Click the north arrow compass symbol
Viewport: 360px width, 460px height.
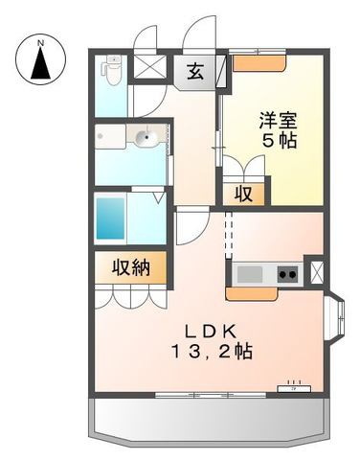tap(40, 59)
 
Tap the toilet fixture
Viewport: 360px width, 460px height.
tap(111, 70)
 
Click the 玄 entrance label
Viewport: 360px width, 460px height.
tap(195, 72)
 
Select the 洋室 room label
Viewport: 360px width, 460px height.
tap(278, 120)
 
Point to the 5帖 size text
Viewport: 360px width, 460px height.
tap(280, 140)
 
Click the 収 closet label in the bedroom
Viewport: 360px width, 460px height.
tap(244, 194)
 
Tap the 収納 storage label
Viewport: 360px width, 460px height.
tap(131, 267)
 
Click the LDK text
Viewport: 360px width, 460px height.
tap(211, 333)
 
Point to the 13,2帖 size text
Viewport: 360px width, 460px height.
tap(213, 352)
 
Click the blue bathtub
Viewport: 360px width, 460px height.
tap(110, 218)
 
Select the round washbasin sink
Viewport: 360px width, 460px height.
tap(146, 137)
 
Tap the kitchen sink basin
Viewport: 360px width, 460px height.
tap(250, 274)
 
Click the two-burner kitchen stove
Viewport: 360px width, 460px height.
tap(287, 274)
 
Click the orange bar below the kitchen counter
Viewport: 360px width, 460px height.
tap(252, 294)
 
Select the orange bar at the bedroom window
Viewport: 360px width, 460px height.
tap(259, 63)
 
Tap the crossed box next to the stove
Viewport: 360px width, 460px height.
tap(317, 272)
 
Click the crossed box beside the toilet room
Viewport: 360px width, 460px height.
tap(149, 66)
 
